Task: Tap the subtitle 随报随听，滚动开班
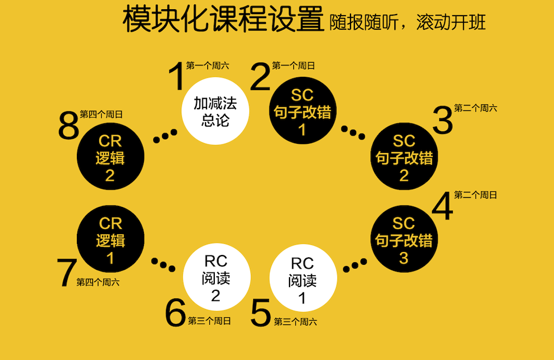pyautogui.click(x=407, y=23)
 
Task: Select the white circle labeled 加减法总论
pyautogui.click(x=215, y=111)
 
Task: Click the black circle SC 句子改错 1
pyautogui.click(x=302, y=112)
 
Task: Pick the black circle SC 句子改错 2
pyautogui.click(x=404, y=157)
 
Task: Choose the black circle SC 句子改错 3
pyautogui.click(x=404, y=240)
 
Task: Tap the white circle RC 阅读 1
pyautogui.click(x=302, y=280)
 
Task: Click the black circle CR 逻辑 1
pyautogui.click(x=110, y=240)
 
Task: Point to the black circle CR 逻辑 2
pyautogui.click(x=110, y=157)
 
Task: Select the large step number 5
pyautogui.click(x=261, y=313)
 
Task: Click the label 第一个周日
pyautogui.click(x=293, y=66)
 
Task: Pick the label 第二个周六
pyautogui.click(x=476, y=108)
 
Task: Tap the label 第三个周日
pyautogui.click(x=209, y=321)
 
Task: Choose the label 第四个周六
pyautogui.click(x=98, y=282)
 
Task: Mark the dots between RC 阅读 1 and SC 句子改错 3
pyautogui.click(x=355, y=264)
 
